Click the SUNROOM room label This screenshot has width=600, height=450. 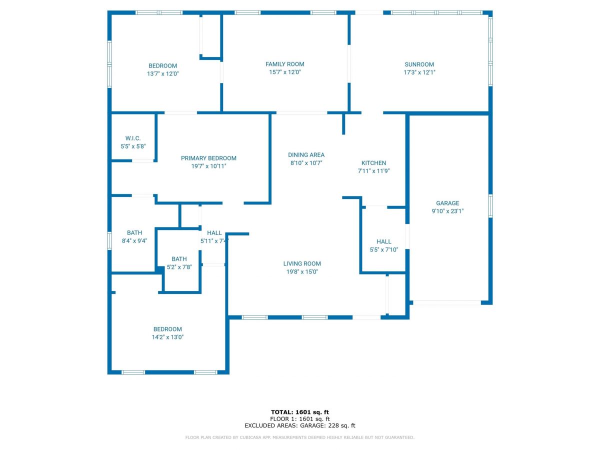pyautogui.click(x=419, y=64)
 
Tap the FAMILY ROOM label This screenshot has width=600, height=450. pyautogui.click(x=284, y=64)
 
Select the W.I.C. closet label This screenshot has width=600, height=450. pyautogui.click(x=133, y=138)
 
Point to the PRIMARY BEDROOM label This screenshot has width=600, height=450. pyautogui.click(x=208, y=158)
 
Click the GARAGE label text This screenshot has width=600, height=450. pyautogui.click(x=447, y=203)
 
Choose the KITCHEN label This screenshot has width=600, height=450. pyautogui.click(x=373, y=163)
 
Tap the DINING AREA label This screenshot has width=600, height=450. pyautogui.click(x=306, y=155)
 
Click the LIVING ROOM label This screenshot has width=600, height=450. pyautogui.click(x=302, y=263)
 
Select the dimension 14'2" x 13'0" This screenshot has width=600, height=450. pyautogui.click(x=167, y=337)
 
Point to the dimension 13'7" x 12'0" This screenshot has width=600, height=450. pyautogui.click(x=162, y=73)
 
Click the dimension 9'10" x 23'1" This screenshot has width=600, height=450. pyautogui.click(x=447, y=211)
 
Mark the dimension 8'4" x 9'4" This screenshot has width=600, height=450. pyautogui.click(x=134, y=240)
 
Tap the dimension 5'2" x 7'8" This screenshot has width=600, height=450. pyautogui.click(x=179, y=267)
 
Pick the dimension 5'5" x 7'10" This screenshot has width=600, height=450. pyautogui.click(x=384, y=249)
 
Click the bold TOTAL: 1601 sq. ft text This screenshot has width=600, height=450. pyautogui.click(x=299, y=412)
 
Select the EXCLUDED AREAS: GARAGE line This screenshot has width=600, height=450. pyautogui.click(x=299, y=426)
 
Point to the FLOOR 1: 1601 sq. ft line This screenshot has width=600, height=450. pyautogui.click(x=299, y=419)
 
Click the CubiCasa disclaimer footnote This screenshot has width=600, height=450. pyautogui.click(x=299, y=437)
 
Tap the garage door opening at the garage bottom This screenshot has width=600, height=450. pyautogui.click(x=446, y=302)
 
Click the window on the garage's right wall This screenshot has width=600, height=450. pyautogui.click(x=490, y=206)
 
